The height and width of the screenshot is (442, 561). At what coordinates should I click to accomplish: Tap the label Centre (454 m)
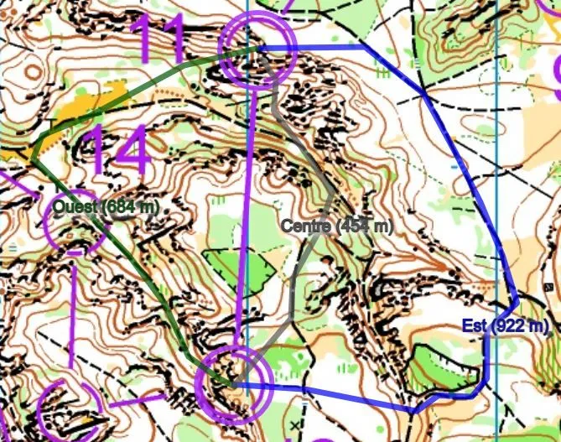click(x=336, y=226)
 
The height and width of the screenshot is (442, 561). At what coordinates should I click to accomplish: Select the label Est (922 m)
click(x=504, y=326)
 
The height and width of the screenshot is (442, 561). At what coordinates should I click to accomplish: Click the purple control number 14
click(x=117, y=151)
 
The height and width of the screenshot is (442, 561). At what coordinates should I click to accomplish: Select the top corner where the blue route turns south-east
click(x=365, y=48)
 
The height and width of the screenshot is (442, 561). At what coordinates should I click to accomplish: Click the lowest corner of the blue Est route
click(x=413, y=411)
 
